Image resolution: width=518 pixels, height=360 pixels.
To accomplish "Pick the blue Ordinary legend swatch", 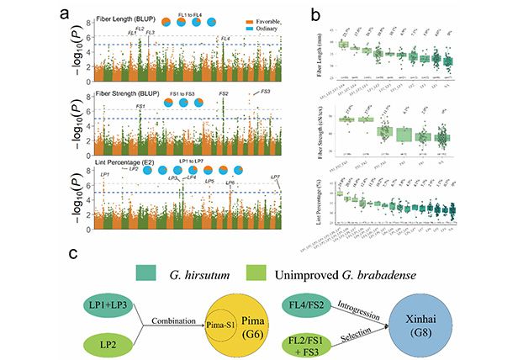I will [x=251, y=29].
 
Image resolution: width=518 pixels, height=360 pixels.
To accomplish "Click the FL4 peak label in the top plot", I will [x=225, y=40].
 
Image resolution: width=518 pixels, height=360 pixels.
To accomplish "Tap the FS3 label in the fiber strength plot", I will [x=266, y=91].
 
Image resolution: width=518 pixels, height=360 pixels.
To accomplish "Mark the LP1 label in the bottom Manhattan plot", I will [x=104, y=174].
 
